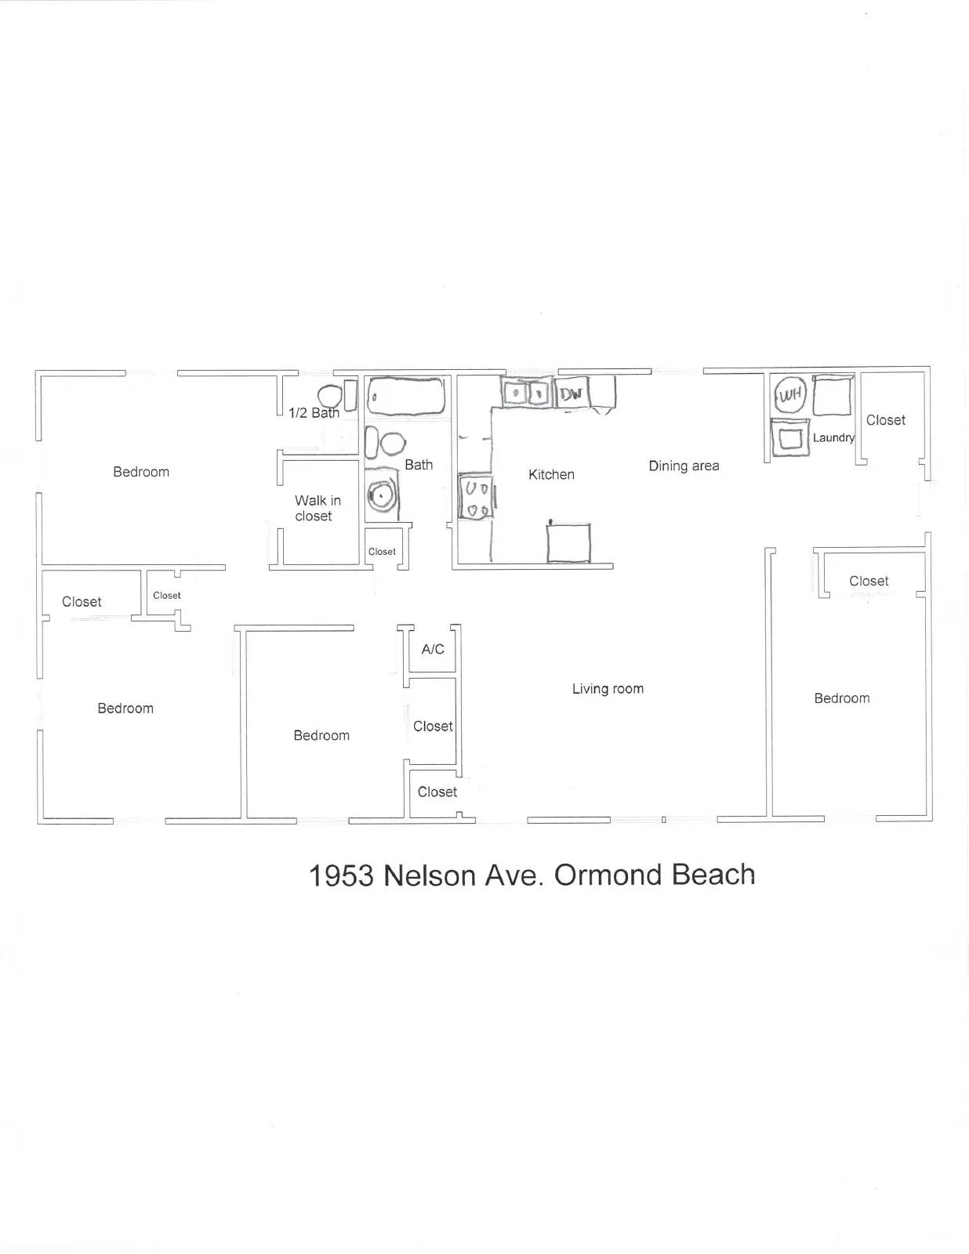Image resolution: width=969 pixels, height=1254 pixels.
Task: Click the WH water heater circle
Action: click(x=790, y=394)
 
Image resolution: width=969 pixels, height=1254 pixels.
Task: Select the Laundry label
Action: click(x=833, y=437)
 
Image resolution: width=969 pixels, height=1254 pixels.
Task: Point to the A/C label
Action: click(x=433, y=649)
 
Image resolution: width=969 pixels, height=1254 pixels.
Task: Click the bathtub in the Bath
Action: click(x=406, y=397)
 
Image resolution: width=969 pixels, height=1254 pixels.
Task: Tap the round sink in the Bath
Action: click(x=383, y=495)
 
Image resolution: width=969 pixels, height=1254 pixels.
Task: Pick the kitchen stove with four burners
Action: click(x=476, y=498)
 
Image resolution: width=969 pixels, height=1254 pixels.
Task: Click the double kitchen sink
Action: click(x=526, y=392)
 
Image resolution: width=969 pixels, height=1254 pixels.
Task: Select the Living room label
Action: click(x=608, y=689)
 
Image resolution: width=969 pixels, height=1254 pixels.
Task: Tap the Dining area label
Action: click(x=684, y=466)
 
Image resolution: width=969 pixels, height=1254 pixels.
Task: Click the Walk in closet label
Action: click(x=317, y=508)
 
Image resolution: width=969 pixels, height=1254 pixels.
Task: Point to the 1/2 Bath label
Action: click(x=314, y=413)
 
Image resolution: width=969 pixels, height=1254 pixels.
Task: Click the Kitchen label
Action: click(x=551, y=474)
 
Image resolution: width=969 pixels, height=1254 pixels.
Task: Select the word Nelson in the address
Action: click(x=430, y=875)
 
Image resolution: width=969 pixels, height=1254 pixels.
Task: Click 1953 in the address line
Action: click(x=341, y=875)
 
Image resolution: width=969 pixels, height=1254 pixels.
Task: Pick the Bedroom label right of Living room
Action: click(x=841, y=698)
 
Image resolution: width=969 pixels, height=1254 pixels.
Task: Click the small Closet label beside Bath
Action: click(x=382, y=552)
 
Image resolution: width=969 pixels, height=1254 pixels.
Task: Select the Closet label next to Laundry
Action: click(x=885, y=420)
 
